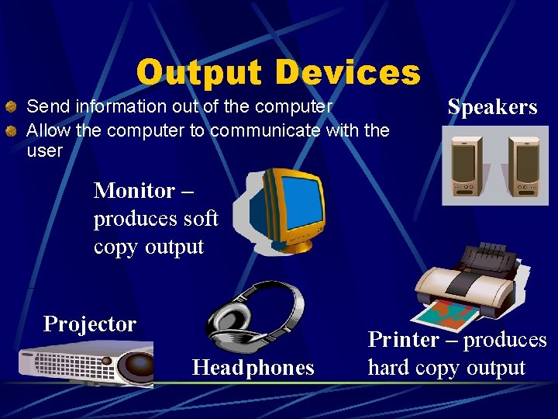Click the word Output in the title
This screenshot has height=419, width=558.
point(200,73)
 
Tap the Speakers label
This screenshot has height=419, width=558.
point(492,107)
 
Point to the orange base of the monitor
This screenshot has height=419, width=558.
point(291,245)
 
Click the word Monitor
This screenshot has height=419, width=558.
point(134,191)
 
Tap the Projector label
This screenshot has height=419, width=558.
point(90,324)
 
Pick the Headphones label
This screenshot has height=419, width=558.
point(253,367)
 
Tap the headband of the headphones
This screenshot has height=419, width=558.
point(263,291)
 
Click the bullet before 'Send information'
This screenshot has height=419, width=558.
point(11,106)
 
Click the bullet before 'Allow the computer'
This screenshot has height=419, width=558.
point(11,131)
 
